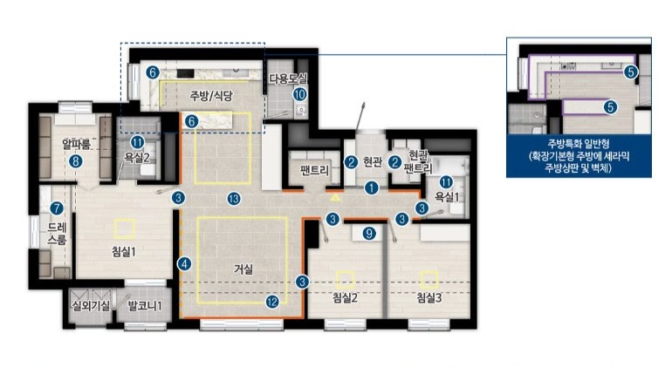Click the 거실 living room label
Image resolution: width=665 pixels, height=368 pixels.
(243, 269)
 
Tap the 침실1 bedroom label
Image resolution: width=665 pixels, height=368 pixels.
(123, 252)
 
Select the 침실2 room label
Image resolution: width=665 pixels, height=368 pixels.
(345, 297)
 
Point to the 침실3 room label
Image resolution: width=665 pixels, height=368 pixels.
(428, 297)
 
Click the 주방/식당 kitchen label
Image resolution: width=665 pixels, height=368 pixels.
(211, 96)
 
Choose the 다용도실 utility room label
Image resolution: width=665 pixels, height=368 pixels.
(288, 78)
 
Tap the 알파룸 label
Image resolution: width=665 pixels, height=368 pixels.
(76, 144)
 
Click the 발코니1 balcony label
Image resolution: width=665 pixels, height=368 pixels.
(145, 306)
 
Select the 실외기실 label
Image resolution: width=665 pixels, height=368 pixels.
(91, 306)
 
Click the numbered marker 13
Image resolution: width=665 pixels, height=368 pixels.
(234, 199)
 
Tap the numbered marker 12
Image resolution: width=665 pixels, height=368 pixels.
(272, 302)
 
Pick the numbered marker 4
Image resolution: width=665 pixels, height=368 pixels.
(184, 264)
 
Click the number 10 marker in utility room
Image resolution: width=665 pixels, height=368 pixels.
(300, 94)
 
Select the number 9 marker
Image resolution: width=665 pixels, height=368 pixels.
(369, 233)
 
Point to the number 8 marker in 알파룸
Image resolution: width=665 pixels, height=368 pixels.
(76, 161)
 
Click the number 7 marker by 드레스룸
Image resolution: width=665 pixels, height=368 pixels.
(57, 208)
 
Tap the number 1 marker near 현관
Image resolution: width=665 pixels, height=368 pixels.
(372, 187)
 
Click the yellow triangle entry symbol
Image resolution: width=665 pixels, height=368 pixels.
(335, 197)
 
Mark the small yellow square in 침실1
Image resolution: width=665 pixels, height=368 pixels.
(125, 229)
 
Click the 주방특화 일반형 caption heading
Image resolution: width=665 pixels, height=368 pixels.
(579, 144)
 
